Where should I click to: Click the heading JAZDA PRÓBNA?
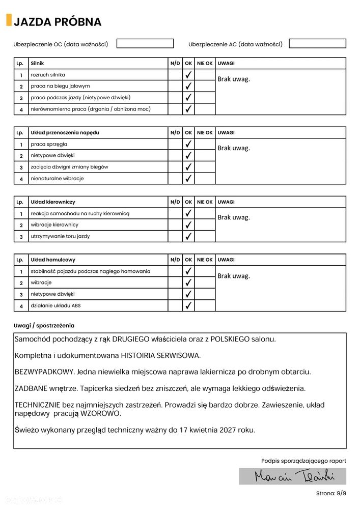pos(58,22)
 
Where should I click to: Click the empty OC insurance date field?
pos(145,44)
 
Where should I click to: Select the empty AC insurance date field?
pos(317,44)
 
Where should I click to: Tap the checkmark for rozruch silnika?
pos(188,75)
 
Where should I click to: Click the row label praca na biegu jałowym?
pos(60,86)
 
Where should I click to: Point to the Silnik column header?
pos(37,63)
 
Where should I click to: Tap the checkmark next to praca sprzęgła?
pos(188,144)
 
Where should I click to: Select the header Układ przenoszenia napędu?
pos(65,132)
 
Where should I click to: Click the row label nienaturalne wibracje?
pos(57,179)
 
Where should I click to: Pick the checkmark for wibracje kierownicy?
pos(188,225)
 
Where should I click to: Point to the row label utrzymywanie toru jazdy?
pos(60,237)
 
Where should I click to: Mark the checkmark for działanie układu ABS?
pos(188,306)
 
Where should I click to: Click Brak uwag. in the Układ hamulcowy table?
pos(234,276)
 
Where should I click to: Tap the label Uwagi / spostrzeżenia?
pos(44,325)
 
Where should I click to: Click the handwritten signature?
pos(293,476)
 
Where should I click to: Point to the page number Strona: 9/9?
pos(331,493)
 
